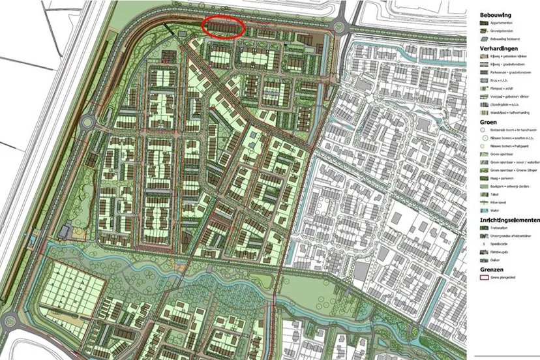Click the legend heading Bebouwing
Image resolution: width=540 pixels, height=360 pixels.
(496, 14)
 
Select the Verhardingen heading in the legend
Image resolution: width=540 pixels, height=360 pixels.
(499, 49)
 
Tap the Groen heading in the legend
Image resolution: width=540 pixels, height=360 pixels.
(490, 121)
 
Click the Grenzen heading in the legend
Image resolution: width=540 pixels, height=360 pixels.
(494, 269)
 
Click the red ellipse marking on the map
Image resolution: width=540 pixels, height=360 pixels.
(223, 27)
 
